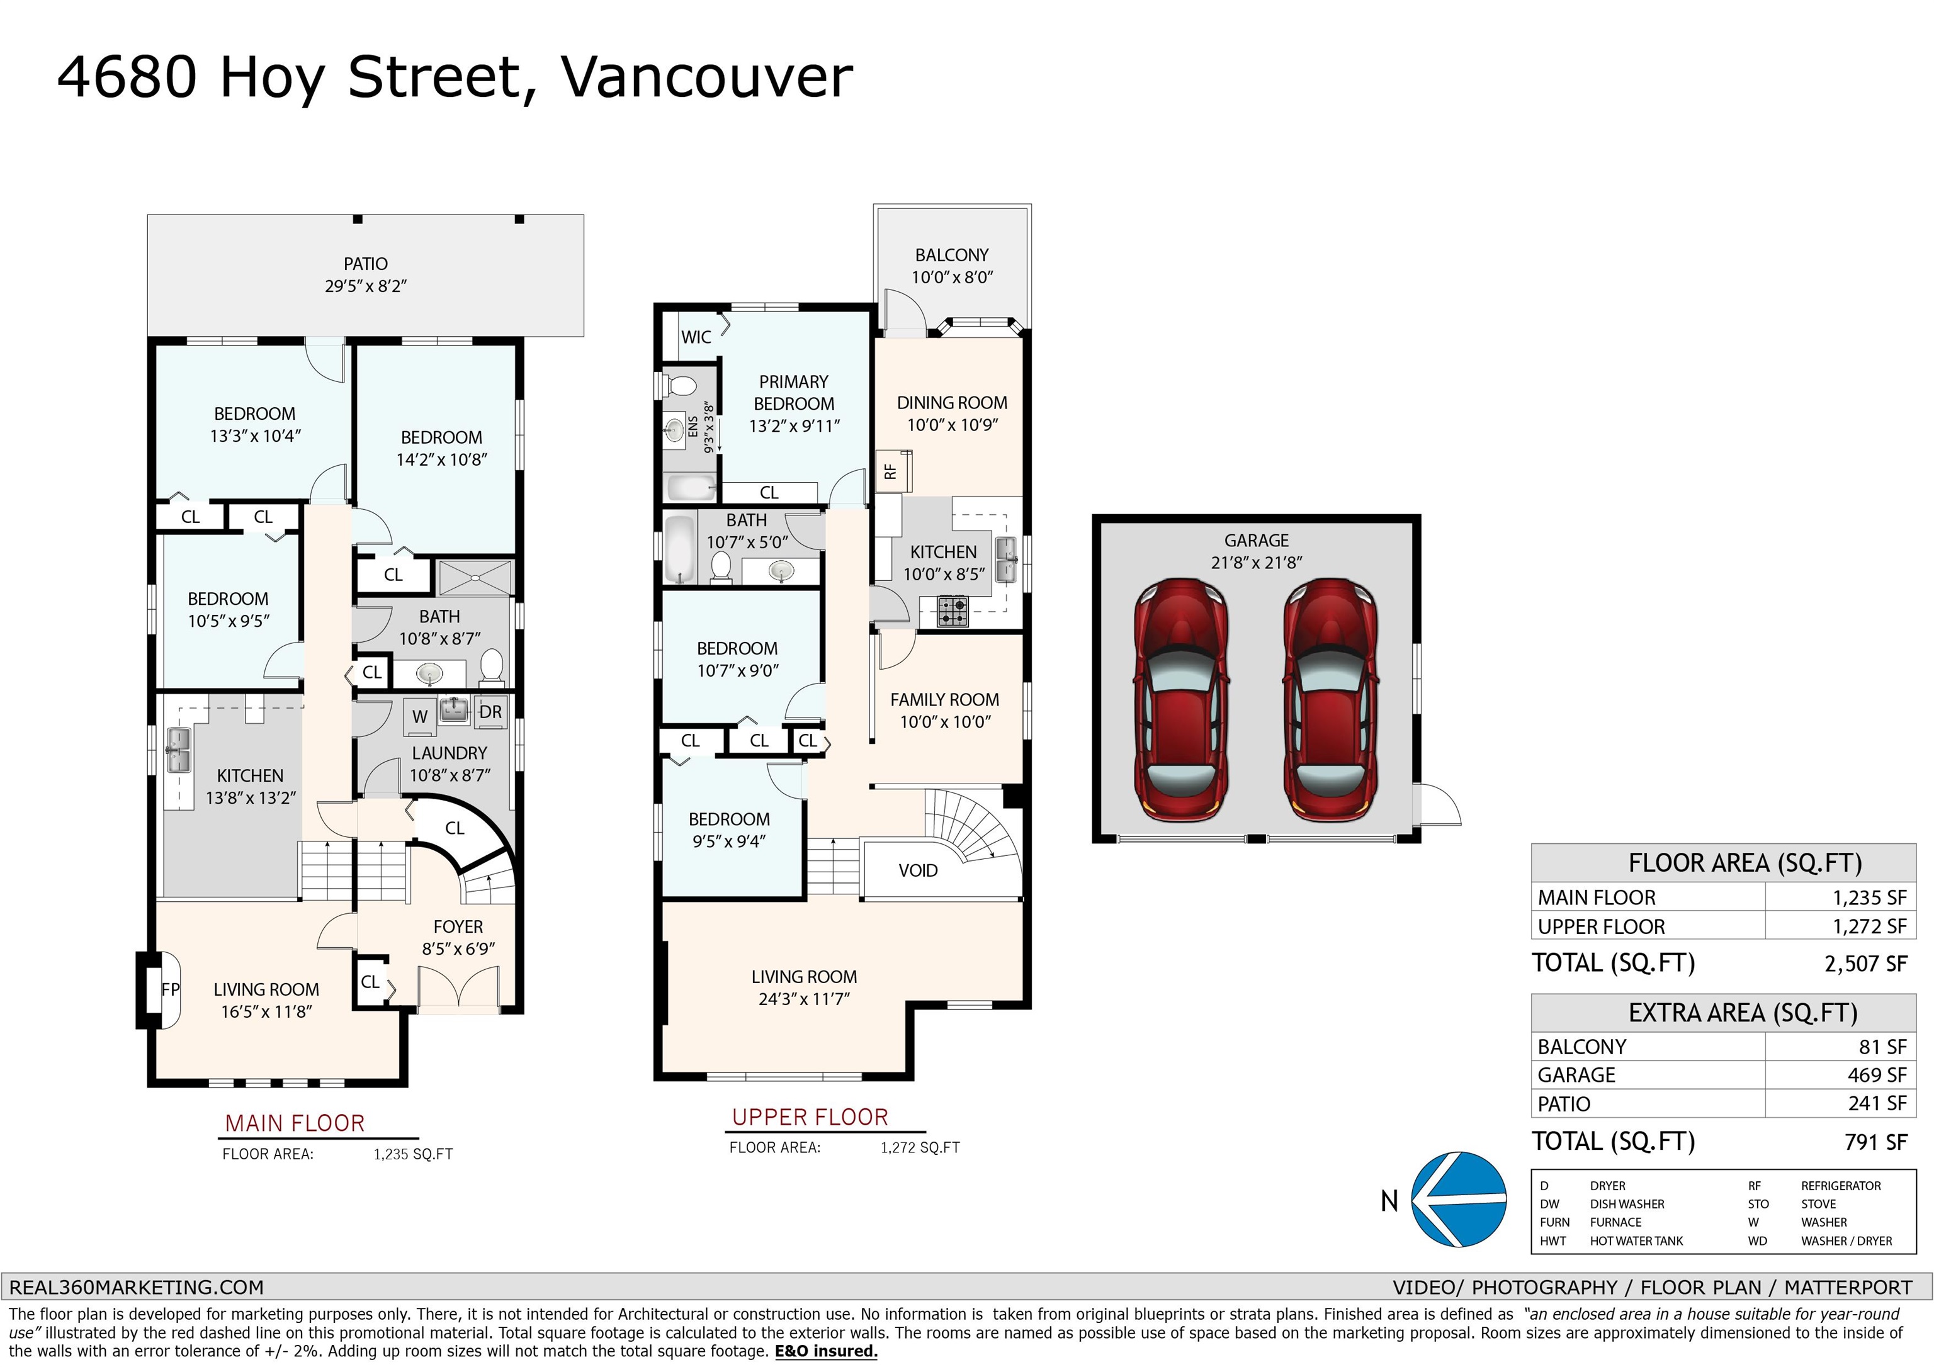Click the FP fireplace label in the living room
coord(170,989)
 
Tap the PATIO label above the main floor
coord(366,264)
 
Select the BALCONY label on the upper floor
coord(952,254)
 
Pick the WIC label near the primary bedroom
coord(696,337)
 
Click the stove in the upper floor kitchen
coord(953,612)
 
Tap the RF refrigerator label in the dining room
coord(890,471)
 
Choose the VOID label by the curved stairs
coord(917,870)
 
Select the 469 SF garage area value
coord(1877,1075)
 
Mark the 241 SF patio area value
coord(1877,1103)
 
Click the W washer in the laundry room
coord(419,716)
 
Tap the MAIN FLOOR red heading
coord(295,1123)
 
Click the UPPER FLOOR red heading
coord(810,1117)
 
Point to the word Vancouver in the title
coord(708,77)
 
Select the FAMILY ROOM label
coord(944,699)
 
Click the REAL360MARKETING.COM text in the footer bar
coord(137,1287)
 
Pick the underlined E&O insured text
coord(827,1351)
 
